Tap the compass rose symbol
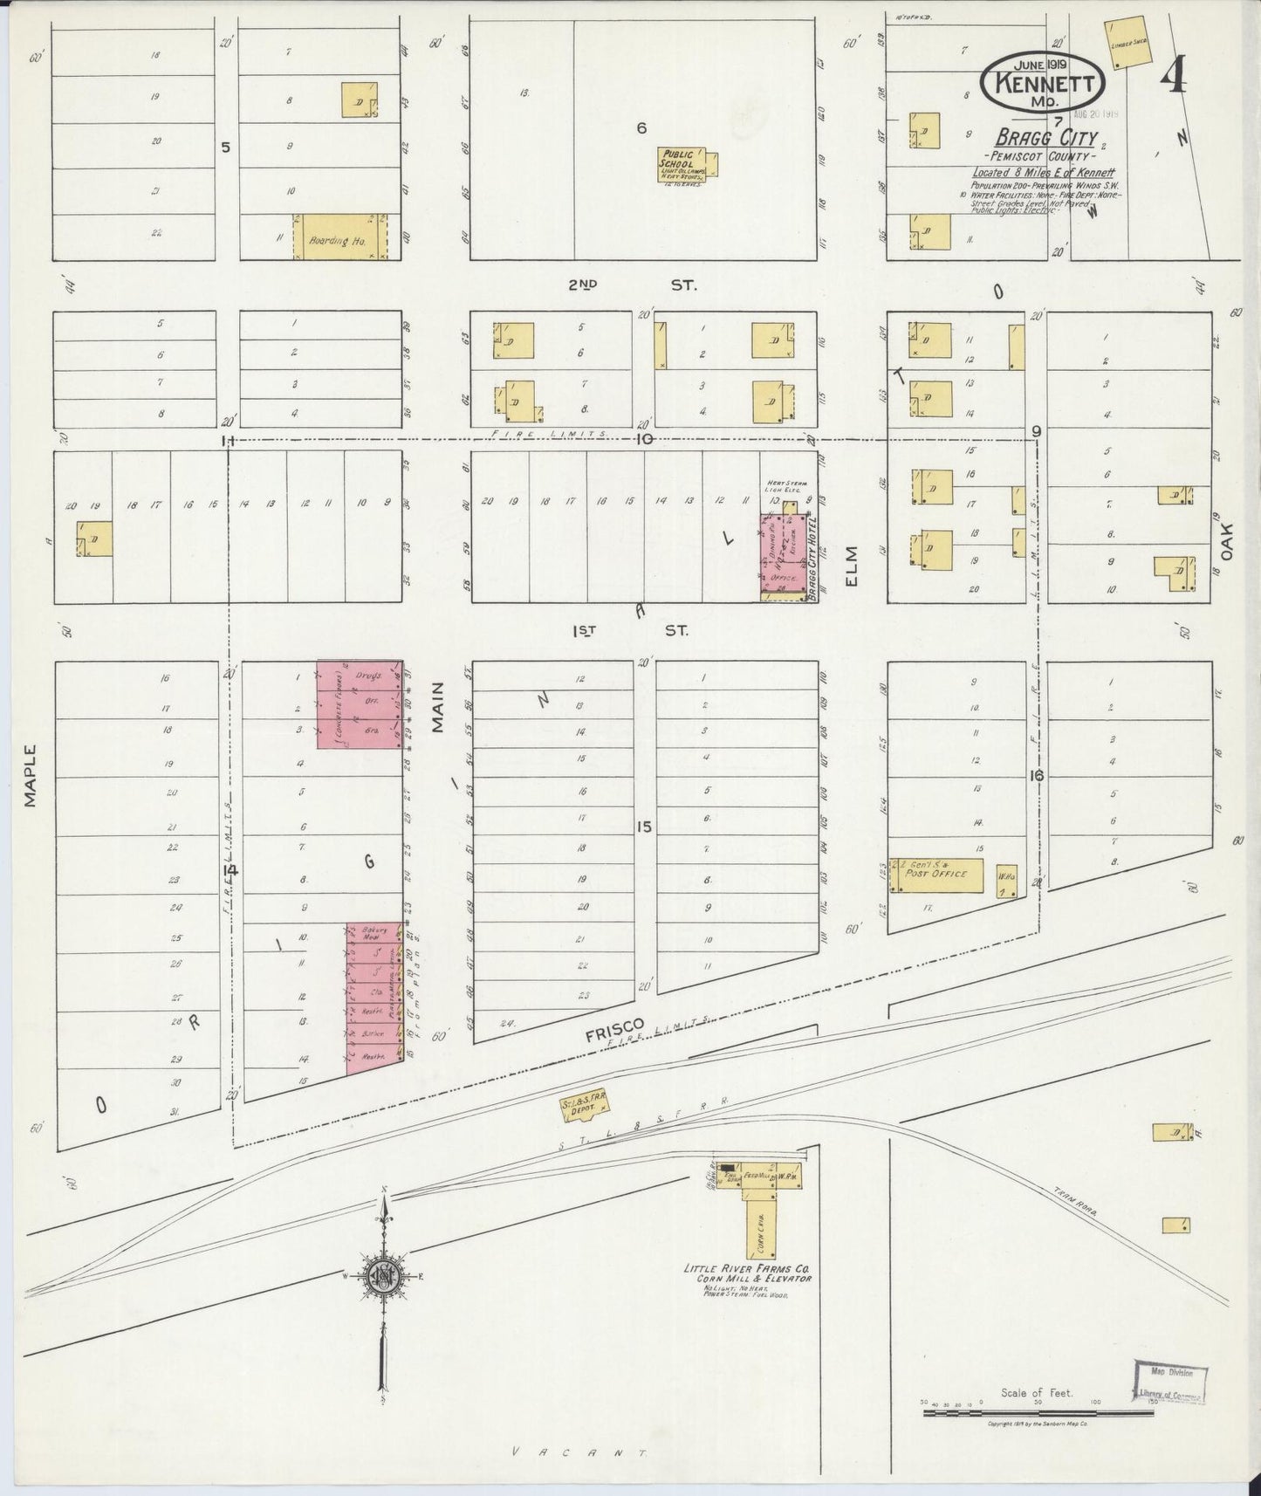pos(384,1276)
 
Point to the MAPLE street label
pos(31,775)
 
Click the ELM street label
pos(853,566)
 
